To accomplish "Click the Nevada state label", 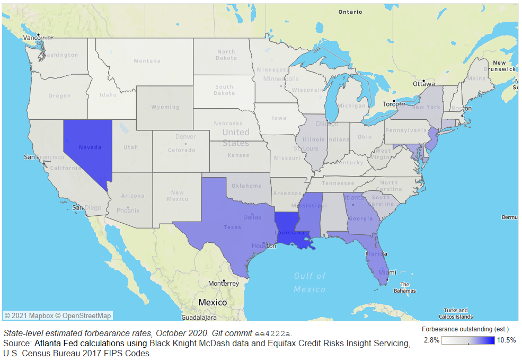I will pos(90,147).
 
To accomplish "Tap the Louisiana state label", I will pos(289,233).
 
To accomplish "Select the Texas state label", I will pos(232,227).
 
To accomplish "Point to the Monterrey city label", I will pos(224,284).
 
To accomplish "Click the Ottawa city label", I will pos(424,84).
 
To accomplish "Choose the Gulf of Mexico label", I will pos(310,282).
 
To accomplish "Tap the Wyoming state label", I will pos(165,107).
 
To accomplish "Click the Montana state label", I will pos(147,61).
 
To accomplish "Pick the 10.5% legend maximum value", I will pos(506,340).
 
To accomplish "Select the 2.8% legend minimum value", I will pos(431,340).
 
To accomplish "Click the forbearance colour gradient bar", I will pos(468,340).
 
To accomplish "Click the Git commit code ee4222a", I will pos(272,333).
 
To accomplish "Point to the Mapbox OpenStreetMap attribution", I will pos(58,315).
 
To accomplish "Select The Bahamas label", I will pos(408,287).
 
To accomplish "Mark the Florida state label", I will pos(376,254).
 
